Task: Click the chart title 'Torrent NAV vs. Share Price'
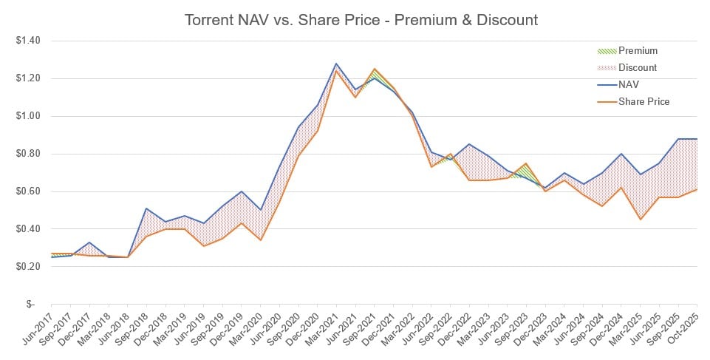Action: tap(361, 20)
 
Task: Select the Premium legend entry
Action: tap(638, 51)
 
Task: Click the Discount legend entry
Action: tap(638, 68)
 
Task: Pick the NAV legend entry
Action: tap(630, 84)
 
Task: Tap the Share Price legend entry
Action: tap(643, 101)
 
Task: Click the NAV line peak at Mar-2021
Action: tap(336, 64)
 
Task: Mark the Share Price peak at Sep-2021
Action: tap(375, 69)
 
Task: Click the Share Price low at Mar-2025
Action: tap(640, 220)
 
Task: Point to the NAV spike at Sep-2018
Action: tap(146, 208)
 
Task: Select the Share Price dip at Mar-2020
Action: tap(260, 240)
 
